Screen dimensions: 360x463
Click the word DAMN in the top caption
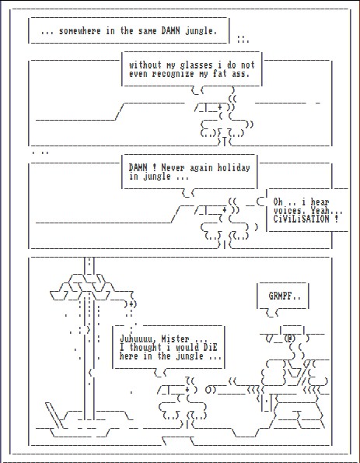click(x=170, y=30)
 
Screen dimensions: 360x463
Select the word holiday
click(x=234, y=168)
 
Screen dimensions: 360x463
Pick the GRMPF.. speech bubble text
click(x=285, y=296)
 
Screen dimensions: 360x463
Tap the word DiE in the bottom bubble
click(x=210, y=347)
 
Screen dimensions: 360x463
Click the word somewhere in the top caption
click(x=80, y=30)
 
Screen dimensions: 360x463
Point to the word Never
click(x=173, y=168)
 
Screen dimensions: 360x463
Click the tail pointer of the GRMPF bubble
click(x=272, y=313)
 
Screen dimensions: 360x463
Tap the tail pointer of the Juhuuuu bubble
click(x=160, y=374)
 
